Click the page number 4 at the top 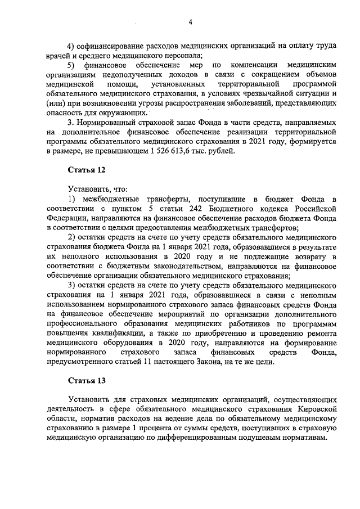191,22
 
